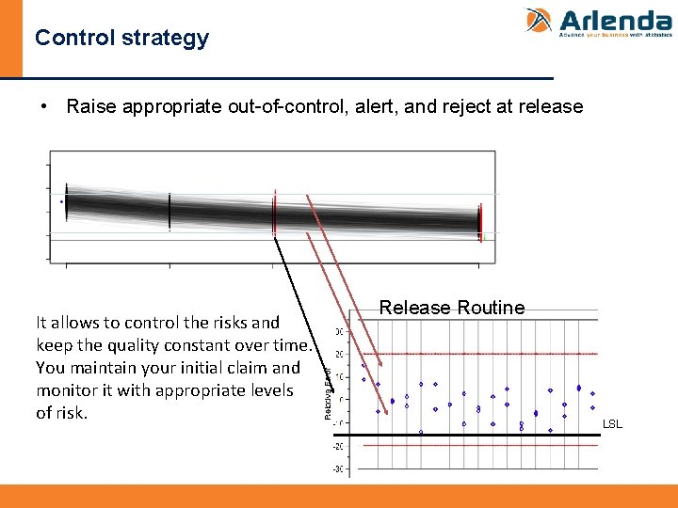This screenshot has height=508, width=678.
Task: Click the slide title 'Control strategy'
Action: coord(121,39)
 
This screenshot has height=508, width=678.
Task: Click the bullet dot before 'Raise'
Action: coord(45,106)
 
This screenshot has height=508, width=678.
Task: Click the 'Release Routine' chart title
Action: coord(451,308)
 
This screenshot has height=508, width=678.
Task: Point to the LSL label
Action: coord(612,424)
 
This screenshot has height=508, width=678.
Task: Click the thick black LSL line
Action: coord(471,435)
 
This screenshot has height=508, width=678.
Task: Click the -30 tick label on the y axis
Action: coord(337,468)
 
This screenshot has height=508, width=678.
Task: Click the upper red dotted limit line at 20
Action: coord(471,354)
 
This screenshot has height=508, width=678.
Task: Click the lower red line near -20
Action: coord(471,445)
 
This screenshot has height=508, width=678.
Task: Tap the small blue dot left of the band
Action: coord(62,201)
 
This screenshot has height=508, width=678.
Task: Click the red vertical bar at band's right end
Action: coord(480,221)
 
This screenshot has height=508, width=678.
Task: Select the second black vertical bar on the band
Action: coord(169,211)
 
